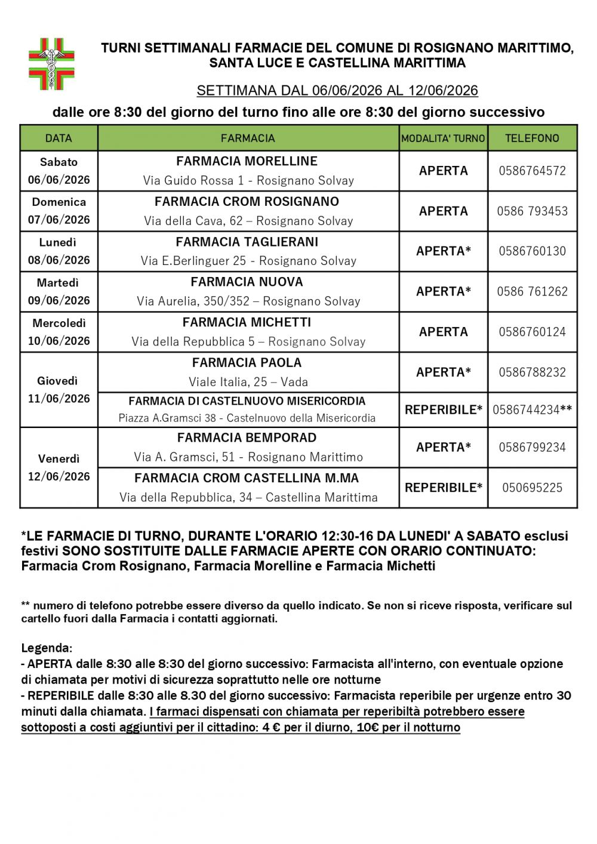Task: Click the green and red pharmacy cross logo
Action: click(x=52, y=64)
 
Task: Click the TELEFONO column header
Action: click(x=532, y=138)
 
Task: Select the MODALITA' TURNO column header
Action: click(x=443, y=138)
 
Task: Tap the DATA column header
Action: click(x=59, y=138)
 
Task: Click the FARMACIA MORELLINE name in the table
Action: click(x=247, y=161)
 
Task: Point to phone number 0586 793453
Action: click(x=532, y=211)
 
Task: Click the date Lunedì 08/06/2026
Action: click(x=59, y=251)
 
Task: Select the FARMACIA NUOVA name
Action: click(x=247, y=282)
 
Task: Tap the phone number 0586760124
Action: click(x=532, y=332)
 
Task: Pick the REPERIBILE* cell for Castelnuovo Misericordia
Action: click(x=443, y=410)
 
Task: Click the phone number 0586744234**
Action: click(x=532, y=410)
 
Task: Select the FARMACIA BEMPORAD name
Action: click(x=247, y=438)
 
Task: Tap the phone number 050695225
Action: click(x=532, y=488)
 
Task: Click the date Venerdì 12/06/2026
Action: click(x=59, y=467)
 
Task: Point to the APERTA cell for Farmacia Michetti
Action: click(x=443, y=332)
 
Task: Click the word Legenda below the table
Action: click(x=46, y=648)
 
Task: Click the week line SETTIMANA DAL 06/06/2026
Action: click(x=337, y=91)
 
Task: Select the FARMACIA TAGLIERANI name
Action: click(x=247, y=242)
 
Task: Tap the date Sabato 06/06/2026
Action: click(x=59, y=171)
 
